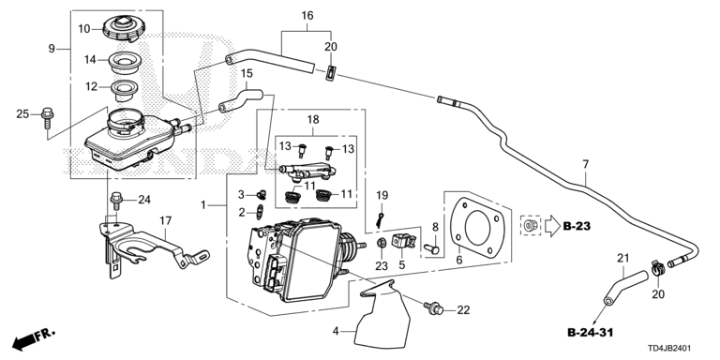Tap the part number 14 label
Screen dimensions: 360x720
click(x=90, y=59)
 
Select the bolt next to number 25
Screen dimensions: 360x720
click(x=46, y=115)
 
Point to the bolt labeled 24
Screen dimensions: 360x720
click(x=117, y=199)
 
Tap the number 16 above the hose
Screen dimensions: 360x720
click(x=307, y=16)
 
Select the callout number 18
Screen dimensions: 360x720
click(x=312, y=120)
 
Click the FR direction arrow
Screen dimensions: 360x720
click(x=32, y=336)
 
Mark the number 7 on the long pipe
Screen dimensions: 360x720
click(x=585, y=165)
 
